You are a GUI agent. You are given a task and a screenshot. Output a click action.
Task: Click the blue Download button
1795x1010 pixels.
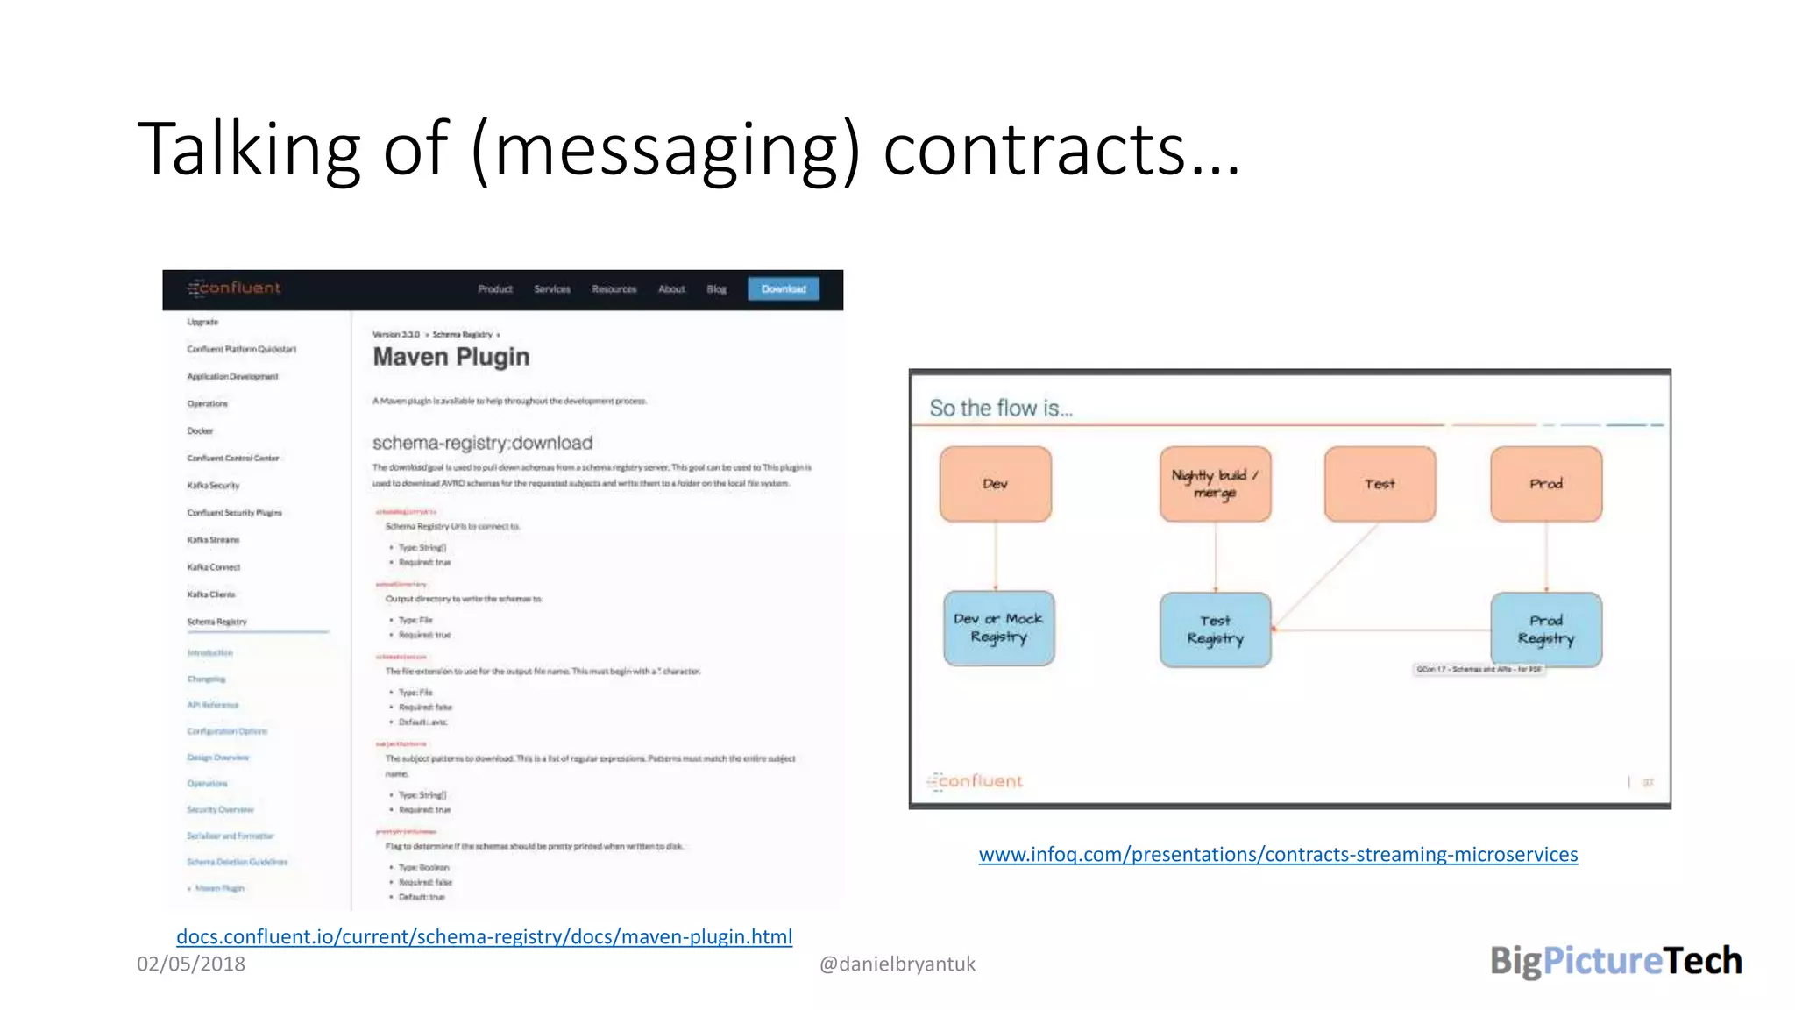pos(783,289)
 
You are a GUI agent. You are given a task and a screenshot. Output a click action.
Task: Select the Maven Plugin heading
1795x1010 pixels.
pos(451,357)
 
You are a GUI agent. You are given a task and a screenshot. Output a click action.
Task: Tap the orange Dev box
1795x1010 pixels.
pos(995,484)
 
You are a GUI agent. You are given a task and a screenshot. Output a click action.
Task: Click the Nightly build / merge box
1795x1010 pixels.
pos(1215,484)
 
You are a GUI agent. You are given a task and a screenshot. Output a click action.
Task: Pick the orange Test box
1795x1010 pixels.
pos(1380,484)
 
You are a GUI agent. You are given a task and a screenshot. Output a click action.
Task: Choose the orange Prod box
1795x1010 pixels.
pos(1546,484)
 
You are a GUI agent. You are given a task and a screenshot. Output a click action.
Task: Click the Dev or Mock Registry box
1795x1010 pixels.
pos(998,628)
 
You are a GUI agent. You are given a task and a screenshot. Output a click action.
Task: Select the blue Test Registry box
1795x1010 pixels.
pos(1215,629)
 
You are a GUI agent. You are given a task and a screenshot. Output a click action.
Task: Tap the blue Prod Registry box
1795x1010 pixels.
pos(1546,629)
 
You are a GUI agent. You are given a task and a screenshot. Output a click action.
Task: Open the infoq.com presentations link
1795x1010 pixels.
pos(1278,854)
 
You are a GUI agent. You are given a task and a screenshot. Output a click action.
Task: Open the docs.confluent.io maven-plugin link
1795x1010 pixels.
pos(484,936)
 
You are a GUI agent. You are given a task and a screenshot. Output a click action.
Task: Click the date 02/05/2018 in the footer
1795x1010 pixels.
pos(191,964)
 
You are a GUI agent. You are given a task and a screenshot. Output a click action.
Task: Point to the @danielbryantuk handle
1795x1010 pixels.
pos(897,964)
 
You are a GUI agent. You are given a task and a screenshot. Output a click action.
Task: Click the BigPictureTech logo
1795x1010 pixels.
pos(1615,961)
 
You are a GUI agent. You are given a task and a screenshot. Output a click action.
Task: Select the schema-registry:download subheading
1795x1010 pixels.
pos(482,443)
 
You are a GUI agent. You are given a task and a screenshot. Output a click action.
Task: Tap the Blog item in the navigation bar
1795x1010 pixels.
pos(716,289)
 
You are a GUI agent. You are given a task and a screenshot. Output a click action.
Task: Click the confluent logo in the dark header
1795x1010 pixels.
pos(234,288)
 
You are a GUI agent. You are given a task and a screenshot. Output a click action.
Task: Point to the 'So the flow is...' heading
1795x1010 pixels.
pos(1000,408)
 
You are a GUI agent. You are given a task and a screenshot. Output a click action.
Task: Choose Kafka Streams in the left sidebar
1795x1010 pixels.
pos(213,540)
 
